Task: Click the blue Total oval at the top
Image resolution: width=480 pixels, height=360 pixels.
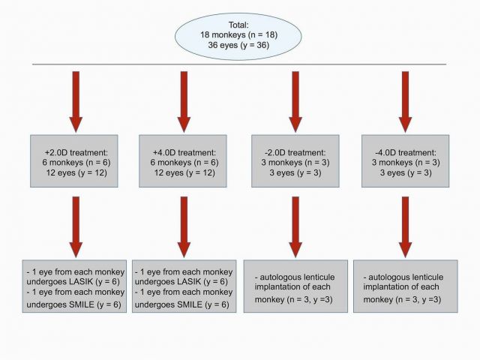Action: coord(238,36)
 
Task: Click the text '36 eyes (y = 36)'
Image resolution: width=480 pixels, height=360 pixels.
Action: coord(238,45)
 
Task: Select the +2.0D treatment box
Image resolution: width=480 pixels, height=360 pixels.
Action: coord(74,161)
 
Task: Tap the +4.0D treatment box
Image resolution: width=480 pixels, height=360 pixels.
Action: coord(183,161)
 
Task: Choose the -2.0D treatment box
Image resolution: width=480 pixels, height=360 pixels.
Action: coord(295,161)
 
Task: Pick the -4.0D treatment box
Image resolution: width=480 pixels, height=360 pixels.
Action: coord(405,161)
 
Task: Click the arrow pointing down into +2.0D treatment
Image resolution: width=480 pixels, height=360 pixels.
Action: coord(76,102)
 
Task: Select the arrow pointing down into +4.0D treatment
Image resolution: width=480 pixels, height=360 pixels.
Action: coord(184,102)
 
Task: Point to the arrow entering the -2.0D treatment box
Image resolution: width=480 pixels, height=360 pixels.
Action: coord(295,102)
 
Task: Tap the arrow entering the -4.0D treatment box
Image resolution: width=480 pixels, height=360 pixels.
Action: coord(405,102)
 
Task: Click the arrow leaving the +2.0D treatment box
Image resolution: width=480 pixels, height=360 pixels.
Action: coord(76,227)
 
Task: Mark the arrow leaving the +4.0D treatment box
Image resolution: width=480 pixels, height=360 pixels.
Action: coord(184,227)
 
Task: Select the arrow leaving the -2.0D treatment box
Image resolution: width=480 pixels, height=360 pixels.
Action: coord(295,227)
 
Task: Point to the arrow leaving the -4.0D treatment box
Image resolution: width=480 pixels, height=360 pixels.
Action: coord(405,227)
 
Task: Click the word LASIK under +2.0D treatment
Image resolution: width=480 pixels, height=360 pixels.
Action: coord(79,282)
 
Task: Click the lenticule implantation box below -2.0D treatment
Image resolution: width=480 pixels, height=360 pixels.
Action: coord(295,286)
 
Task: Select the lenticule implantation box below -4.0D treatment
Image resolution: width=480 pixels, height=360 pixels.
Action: coord(406,286)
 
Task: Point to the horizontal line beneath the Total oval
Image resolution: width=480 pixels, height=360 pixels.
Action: coord(239,64)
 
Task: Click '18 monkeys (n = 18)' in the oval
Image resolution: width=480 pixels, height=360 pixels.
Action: coord(238,35)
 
